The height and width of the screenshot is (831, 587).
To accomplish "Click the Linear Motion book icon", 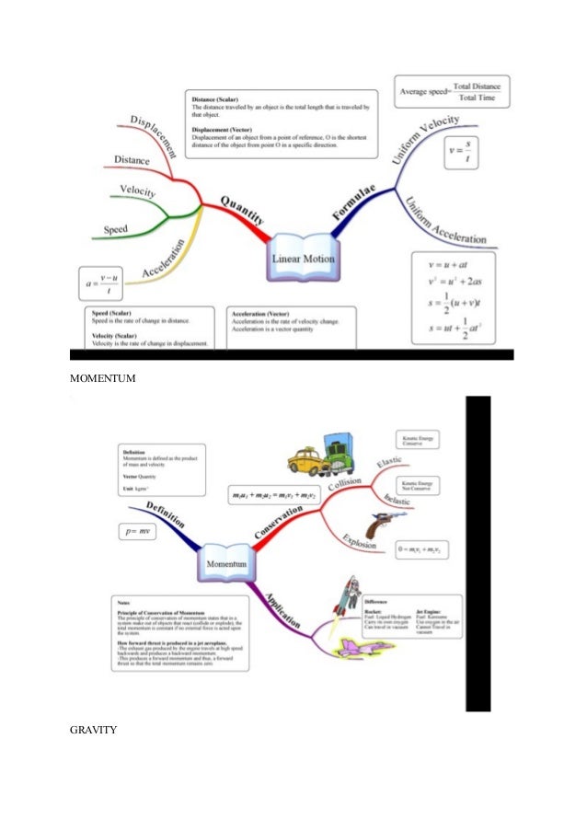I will click(303, 259).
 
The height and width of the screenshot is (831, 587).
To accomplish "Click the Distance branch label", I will click(132, 160).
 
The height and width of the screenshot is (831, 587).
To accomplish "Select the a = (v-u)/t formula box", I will click(100, 281).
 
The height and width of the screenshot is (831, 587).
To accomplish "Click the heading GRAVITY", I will click(93, 731).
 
